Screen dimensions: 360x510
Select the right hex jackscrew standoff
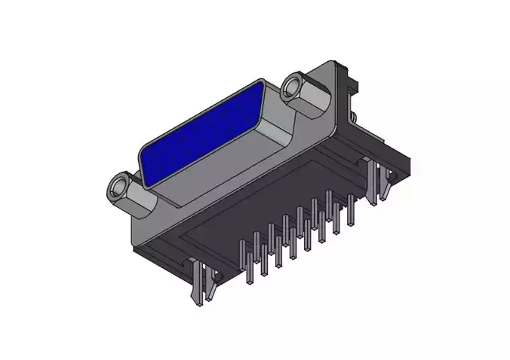pos(305,93)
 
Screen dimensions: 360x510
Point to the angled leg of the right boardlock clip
pos(386,185)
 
